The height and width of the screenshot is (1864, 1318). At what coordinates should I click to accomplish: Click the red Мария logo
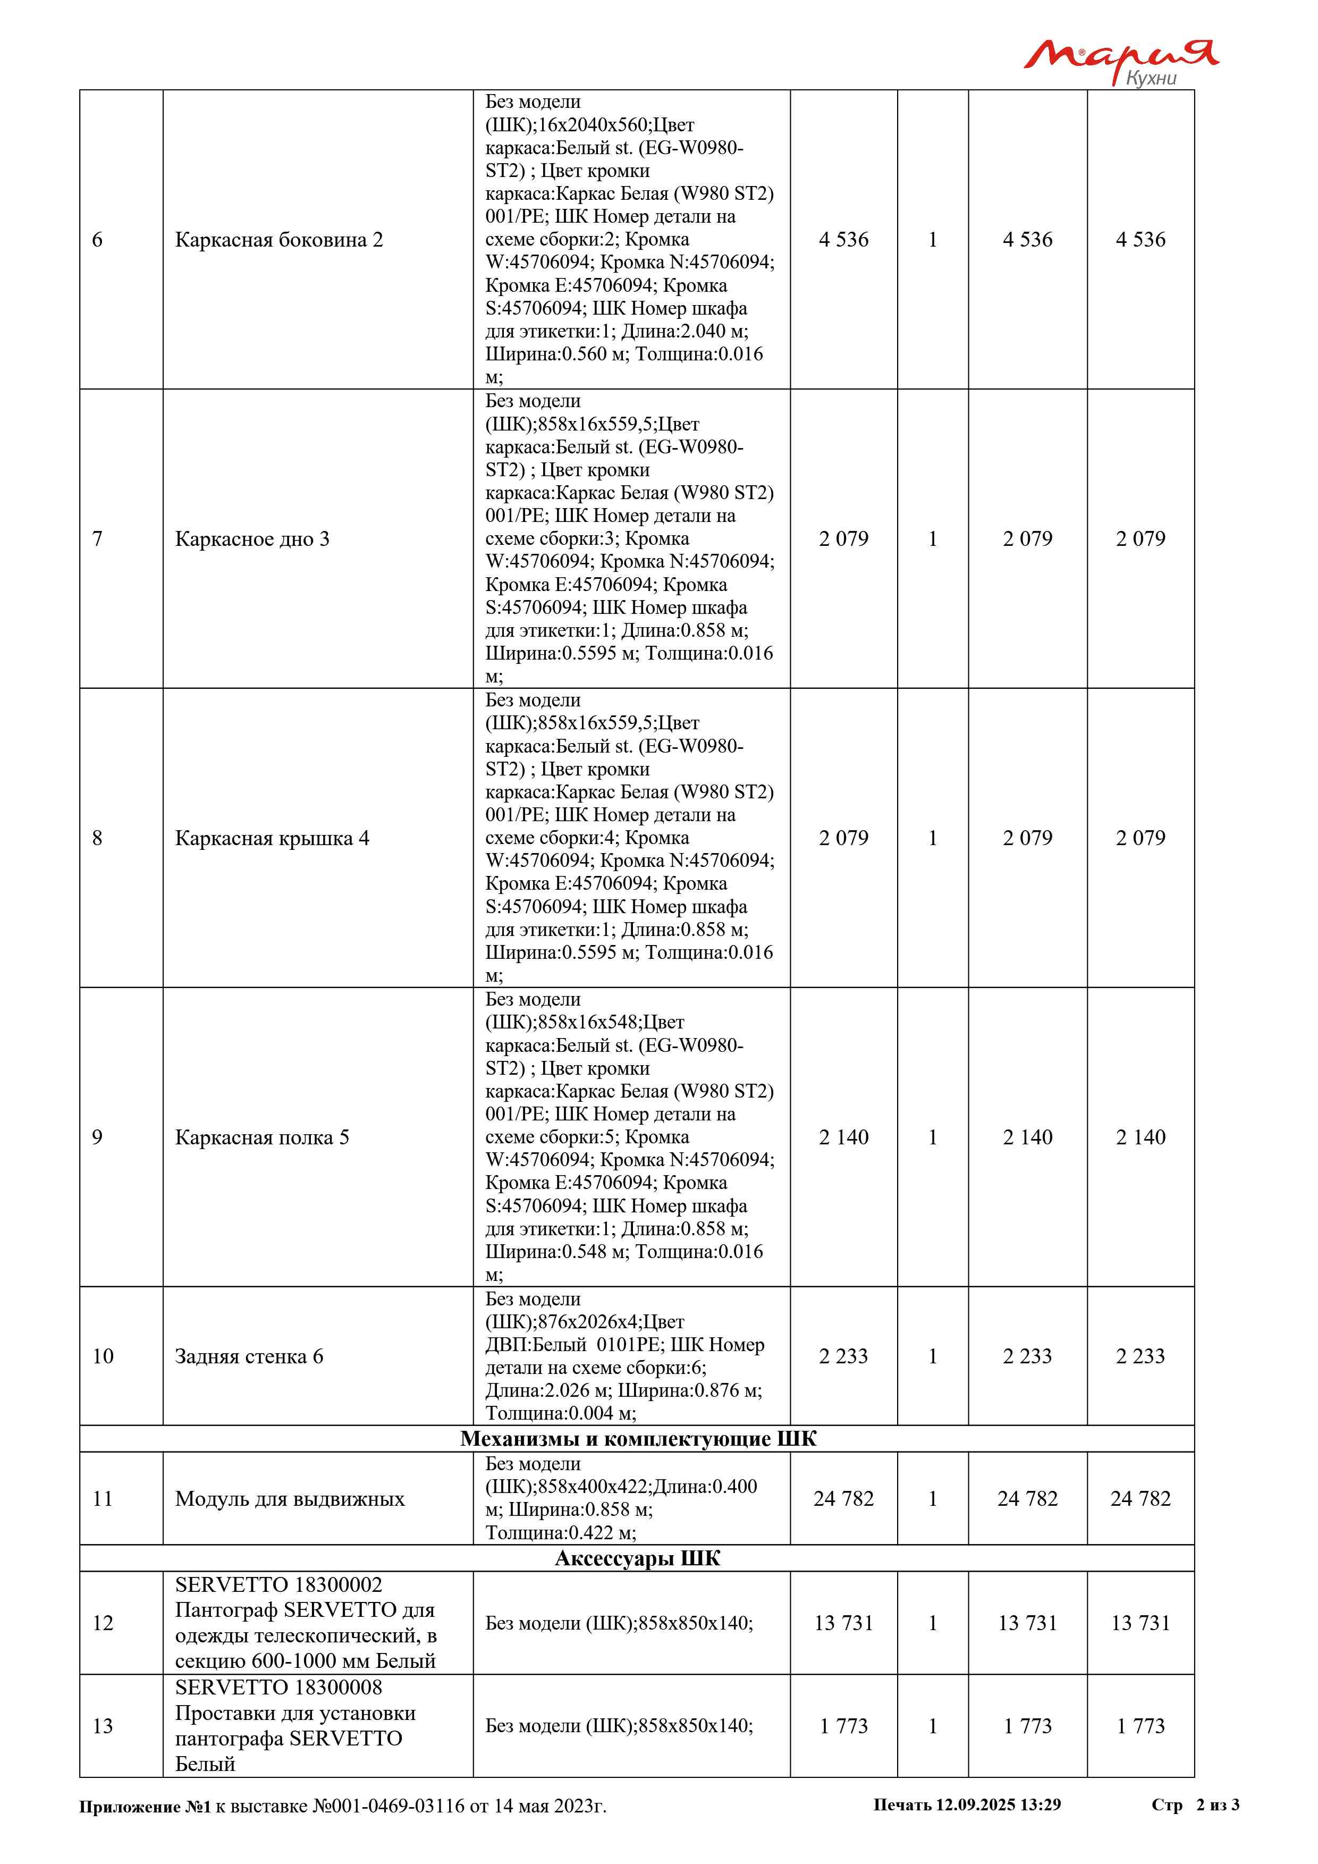coord(1120,55)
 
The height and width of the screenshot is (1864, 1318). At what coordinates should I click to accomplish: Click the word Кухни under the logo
coord(1151,78)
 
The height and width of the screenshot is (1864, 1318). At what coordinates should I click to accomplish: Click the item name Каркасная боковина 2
coord(278,240)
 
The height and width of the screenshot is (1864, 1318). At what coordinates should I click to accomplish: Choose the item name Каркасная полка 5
coord(261,1137)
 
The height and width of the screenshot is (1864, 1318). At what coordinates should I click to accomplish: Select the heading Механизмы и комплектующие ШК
coord(638,1439)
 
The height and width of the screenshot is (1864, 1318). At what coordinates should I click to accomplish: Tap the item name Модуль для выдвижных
coord(289,1499)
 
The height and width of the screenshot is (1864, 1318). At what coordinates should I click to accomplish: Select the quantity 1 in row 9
coord(933,1137)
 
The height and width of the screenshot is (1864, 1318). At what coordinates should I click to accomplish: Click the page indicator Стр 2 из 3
coord(1195,1804)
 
